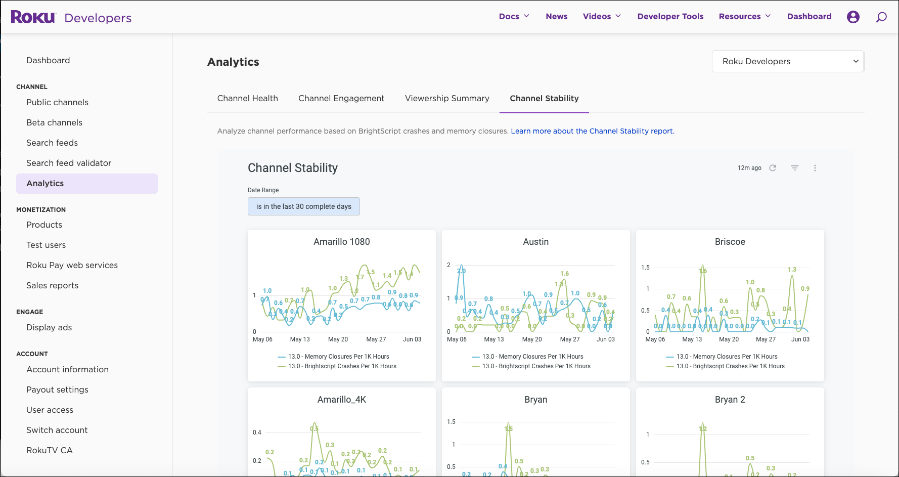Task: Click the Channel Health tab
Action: [x=247, y=98]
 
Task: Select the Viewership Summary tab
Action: [x=447, y=98]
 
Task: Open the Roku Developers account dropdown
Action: [x=787, y=61]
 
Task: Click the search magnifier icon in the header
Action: [x=881, y=17]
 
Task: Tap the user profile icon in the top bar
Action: [x=853, y=17]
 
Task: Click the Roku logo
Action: [x=33, y=17]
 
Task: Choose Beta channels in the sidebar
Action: [x=54, y=122]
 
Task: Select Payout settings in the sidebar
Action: [x=57, y=389]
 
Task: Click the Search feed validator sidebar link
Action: [x=69, y=163]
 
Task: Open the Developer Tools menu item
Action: [x=670, y=16]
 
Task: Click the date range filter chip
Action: [x=303, y=206]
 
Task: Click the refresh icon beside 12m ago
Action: [x=773, y=168]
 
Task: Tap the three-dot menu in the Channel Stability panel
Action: [x=815, y=168]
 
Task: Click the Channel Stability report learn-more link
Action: [x=592, y=131]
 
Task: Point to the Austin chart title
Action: [x=535, y=242]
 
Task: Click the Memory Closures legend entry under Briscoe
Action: [x=727, y=357]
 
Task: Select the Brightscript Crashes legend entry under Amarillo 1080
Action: [x=342, y=366]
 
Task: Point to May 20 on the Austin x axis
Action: [x=531, y=339]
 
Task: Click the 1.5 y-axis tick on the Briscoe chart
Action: [x=645, y=268]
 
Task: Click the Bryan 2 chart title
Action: [x=730, y=400]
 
